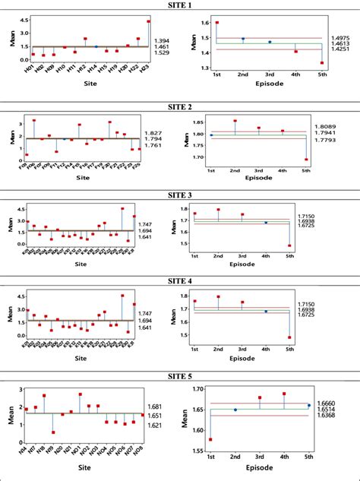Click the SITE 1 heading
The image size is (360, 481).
[x=180, y=5]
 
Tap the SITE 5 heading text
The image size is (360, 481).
[x=180, y=378]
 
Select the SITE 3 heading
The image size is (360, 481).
[x=180, y=195]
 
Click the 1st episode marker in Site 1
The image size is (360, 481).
[x=217, y=22]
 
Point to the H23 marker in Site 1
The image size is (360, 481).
[x=148, y=21]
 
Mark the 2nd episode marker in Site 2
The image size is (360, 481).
[x=235, y=121]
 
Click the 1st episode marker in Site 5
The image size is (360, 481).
[x=210, y=439]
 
